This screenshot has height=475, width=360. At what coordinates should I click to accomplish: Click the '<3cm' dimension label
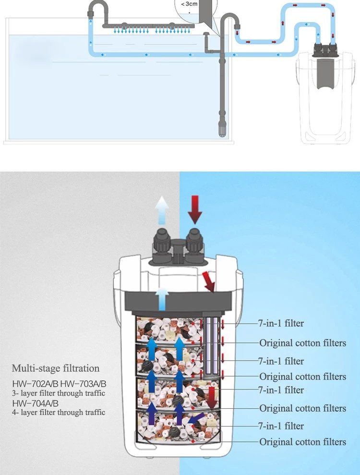pyautogui.click(x=189, y=4)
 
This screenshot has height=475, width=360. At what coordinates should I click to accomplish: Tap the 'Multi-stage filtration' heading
pyautogui.click(x=56, y=368)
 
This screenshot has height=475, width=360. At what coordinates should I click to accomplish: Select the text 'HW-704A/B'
pyautogui.click(x=36, y=403)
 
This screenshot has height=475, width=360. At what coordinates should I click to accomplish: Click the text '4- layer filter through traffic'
pyautogui.click(x=59, y=412)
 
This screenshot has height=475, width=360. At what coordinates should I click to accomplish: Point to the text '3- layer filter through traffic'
pyautogui.click(x=59, y=393)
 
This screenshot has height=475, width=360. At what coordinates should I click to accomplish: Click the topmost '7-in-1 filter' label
pyautogui.click(x=281, y=323)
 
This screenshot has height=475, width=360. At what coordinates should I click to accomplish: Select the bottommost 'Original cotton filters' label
pyautogui.click(x=302, y=442)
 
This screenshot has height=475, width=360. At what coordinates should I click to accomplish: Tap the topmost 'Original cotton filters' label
pyautogui.click(x=302, y=343)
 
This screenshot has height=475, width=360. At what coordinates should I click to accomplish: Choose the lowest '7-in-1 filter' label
pyautogui.click(x=281, y=426)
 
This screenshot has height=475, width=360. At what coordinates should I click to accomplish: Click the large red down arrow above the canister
pyautogui.click(x=195, y=209)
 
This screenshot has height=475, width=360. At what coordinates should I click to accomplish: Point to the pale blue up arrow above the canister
pyautogui.click(x=162, y=209)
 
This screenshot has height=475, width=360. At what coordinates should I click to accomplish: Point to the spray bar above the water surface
pyautogui.click(x=148, y=26)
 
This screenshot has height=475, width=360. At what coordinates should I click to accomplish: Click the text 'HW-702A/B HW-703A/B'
pyautogui.click(x=59, y=384)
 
